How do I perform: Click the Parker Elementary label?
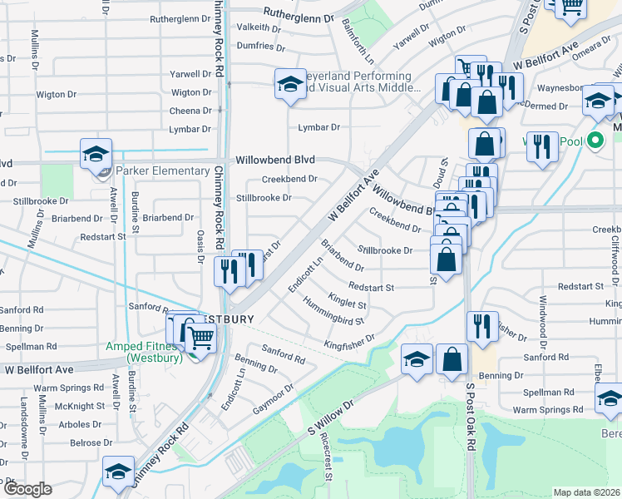tap(162, 171)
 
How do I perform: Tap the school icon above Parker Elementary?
tap(96, 154)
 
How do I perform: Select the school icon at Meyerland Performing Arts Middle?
tap(289, 84)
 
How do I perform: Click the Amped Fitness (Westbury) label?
tap(145, 353)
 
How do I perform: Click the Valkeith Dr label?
tap(259, 27)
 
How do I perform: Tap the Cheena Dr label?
tap(190, 111)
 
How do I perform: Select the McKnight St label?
tap(80, 407)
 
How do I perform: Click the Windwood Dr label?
tap(543, 319)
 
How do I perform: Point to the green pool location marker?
tap(594, 140)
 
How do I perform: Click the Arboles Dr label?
tap(81, 425)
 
